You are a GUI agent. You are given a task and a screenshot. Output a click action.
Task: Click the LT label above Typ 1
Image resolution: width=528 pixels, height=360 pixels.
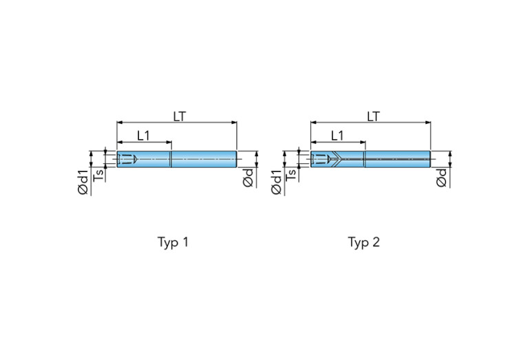[180, 116]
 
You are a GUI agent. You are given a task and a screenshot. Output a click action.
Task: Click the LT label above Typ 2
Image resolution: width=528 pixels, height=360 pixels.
[373, 116]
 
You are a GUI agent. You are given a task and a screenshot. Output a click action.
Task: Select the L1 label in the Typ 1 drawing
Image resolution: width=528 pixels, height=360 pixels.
[143, 136]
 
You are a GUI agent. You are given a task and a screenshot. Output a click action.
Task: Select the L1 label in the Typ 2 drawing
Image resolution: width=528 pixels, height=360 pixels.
[337, 136]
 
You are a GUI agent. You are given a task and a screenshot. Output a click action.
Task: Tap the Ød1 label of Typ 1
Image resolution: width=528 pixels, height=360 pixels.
[83, 182]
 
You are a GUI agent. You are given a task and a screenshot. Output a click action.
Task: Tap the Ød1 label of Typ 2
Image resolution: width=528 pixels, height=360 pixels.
[276, 182]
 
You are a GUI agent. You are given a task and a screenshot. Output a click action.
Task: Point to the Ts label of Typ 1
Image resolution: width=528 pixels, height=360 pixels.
[98, 174]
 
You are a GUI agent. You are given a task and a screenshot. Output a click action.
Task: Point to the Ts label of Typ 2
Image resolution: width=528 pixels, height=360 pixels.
[291, 174]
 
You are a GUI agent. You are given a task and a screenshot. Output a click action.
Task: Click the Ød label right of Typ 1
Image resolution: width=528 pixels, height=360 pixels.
[248, 178]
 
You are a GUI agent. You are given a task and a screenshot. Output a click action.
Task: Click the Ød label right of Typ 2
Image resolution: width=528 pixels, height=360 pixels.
[441, 178]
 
